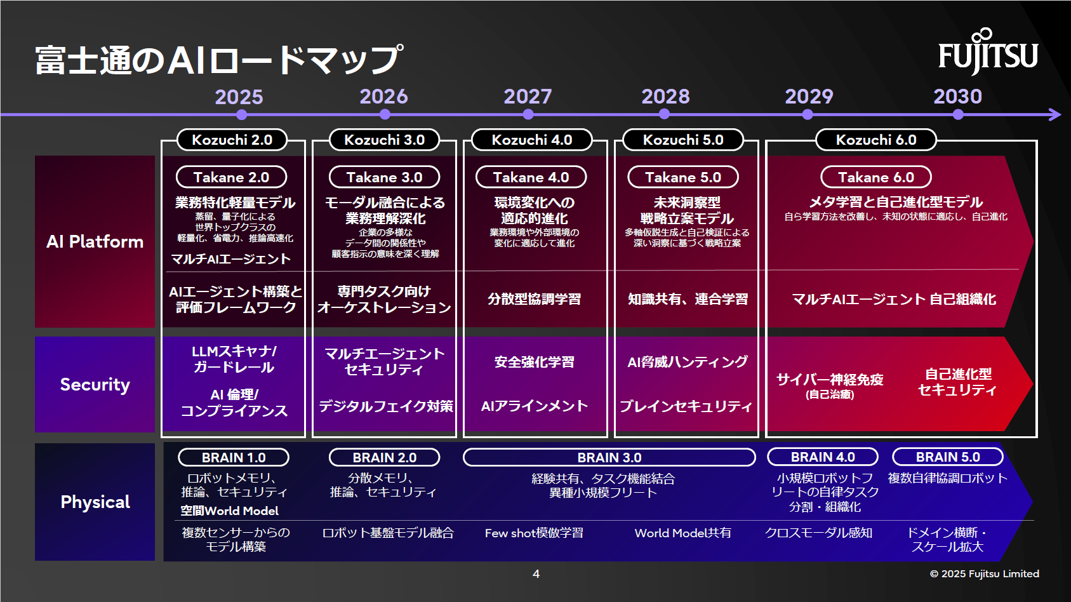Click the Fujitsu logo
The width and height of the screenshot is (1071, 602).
(988, 52)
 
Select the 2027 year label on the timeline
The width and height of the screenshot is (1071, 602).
(528, 97)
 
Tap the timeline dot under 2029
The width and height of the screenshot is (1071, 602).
(808, 114)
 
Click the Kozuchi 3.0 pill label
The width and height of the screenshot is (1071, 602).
(384, 140)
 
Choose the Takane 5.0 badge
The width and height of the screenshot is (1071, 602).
(683, 177)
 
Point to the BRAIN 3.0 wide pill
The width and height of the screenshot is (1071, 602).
(609, 457)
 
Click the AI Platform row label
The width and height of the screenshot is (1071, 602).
(95, 241)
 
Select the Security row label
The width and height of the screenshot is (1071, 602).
(95, 384)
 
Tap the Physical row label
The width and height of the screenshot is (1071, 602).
(95, 502)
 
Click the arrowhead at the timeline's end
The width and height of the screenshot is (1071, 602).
(1054, 114)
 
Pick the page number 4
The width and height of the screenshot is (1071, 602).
(536, 573)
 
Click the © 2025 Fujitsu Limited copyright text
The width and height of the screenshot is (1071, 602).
(984, 573)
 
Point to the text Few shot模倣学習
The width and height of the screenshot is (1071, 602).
(534, 533)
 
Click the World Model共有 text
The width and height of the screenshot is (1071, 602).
(682, 533)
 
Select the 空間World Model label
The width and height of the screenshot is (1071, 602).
(230, 511)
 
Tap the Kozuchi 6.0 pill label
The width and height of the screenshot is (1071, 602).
(876, 140)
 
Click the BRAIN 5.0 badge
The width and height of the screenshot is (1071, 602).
(948, 457)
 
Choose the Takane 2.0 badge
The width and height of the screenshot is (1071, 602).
(231, 177)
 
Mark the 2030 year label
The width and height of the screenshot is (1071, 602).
(957, 97)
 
